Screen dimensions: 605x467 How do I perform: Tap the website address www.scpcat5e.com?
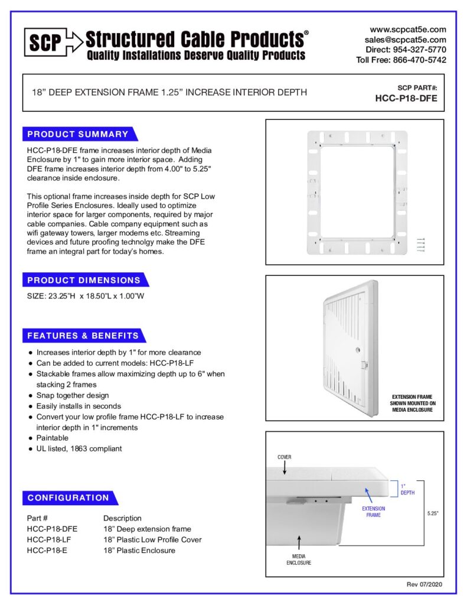(x=408, y=29)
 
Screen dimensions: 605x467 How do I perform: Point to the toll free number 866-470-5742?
(x=416, y=60)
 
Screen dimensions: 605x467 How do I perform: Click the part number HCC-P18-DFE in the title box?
(x=406, y=99)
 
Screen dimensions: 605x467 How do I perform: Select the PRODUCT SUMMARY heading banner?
(x=78, y=134)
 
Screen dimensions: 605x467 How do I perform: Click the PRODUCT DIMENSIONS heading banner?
(x=84, y=280)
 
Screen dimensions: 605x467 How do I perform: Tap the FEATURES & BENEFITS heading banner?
(x=83, y=336)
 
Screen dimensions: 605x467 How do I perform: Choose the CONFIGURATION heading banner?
(x=68, y=497)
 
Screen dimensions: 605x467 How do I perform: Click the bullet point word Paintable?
(x=53, y=438)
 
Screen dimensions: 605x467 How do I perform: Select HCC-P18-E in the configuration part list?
(x=47, y=550)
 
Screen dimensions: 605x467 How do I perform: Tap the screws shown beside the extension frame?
(x=421, y=245)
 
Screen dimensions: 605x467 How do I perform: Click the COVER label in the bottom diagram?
(x=285, y=457)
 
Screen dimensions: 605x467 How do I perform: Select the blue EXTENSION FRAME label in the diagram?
(x=373, y=512)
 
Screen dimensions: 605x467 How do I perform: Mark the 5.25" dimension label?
(x=433, y=513)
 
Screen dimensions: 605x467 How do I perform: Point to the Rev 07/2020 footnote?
(x=423, y=584)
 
